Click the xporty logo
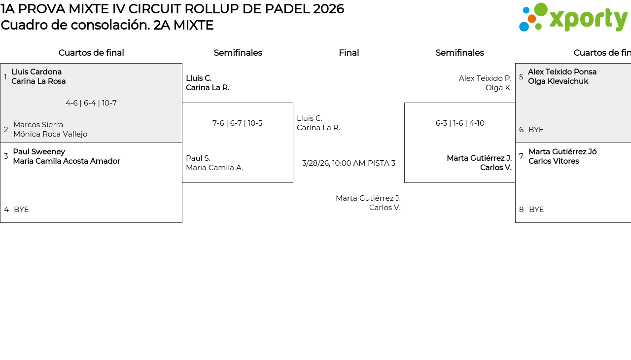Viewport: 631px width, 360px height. (x=573, y=18)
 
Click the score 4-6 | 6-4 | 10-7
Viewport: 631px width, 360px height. (x=91, y=103)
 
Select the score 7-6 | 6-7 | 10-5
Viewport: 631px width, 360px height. (x=237, y=123)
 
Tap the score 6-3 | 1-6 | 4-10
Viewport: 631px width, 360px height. (x=460, y=123)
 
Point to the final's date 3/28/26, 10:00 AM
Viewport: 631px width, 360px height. (x=334, y=163)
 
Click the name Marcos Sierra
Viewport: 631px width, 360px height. (x=38, y=125)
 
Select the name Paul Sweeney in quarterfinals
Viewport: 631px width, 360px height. (x=39, y=152)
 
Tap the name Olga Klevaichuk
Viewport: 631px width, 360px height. (x=558, y=81)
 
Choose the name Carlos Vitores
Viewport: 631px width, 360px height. (x=554, y=161)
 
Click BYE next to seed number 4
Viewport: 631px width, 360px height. (x=21, y=210)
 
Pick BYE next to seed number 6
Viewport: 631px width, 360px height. (x=536, y=130)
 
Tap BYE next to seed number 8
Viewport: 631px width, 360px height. (x=536, y=210)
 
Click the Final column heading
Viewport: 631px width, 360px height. (x=349, y=53)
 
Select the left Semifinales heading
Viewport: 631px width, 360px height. (x=238, y=53)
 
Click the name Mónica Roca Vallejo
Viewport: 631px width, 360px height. (x=50, y=134)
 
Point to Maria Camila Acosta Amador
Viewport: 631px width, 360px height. (x=67, y=161)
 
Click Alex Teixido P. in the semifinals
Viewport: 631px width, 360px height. (x=485, y=78)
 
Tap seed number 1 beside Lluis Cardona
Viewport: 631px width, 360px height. (x=5, y=77)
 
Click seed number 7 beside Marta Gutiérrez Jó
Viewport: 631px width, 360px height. (x=521, y=156)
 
